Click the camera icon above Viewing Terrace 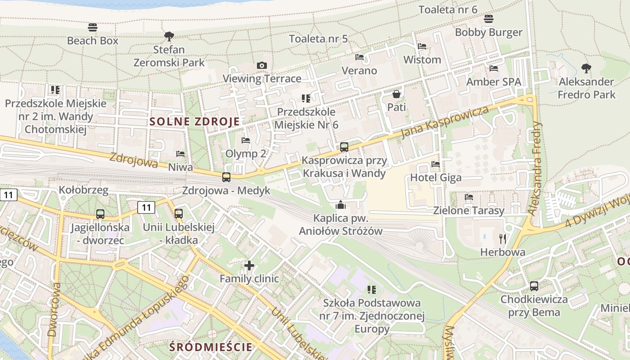coord(262,66)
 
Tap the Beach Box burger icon coord(93,27)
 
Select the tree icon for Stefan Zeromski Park coord(169,36)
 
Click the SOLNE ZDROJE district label coord(194,121)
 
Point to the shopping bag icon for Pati coord(396,94)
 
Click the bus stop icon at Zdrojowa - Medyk coord(226,177)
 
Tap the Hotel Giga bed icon coord(436,164)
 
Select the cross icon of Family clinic coord(249,265)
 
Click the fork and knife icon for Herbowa coord(503,238)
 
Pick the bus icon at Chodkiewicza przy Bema coord(534,286)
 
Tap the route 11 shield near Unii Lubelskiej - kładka coord(146,207)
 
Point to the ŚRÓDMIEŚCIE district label coord(211,347)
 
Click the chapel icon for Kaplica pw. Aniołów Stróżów coord(341,205)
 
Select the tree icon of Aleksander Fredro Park coord(586,68)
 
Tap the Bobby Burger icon coord(489,19)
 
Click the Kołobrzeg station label coord(84,190)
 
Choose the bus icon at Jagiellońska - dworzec coord(100,214)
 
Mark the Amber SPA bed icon coord(494,68)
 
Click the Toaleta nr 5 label coord(318,39)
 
